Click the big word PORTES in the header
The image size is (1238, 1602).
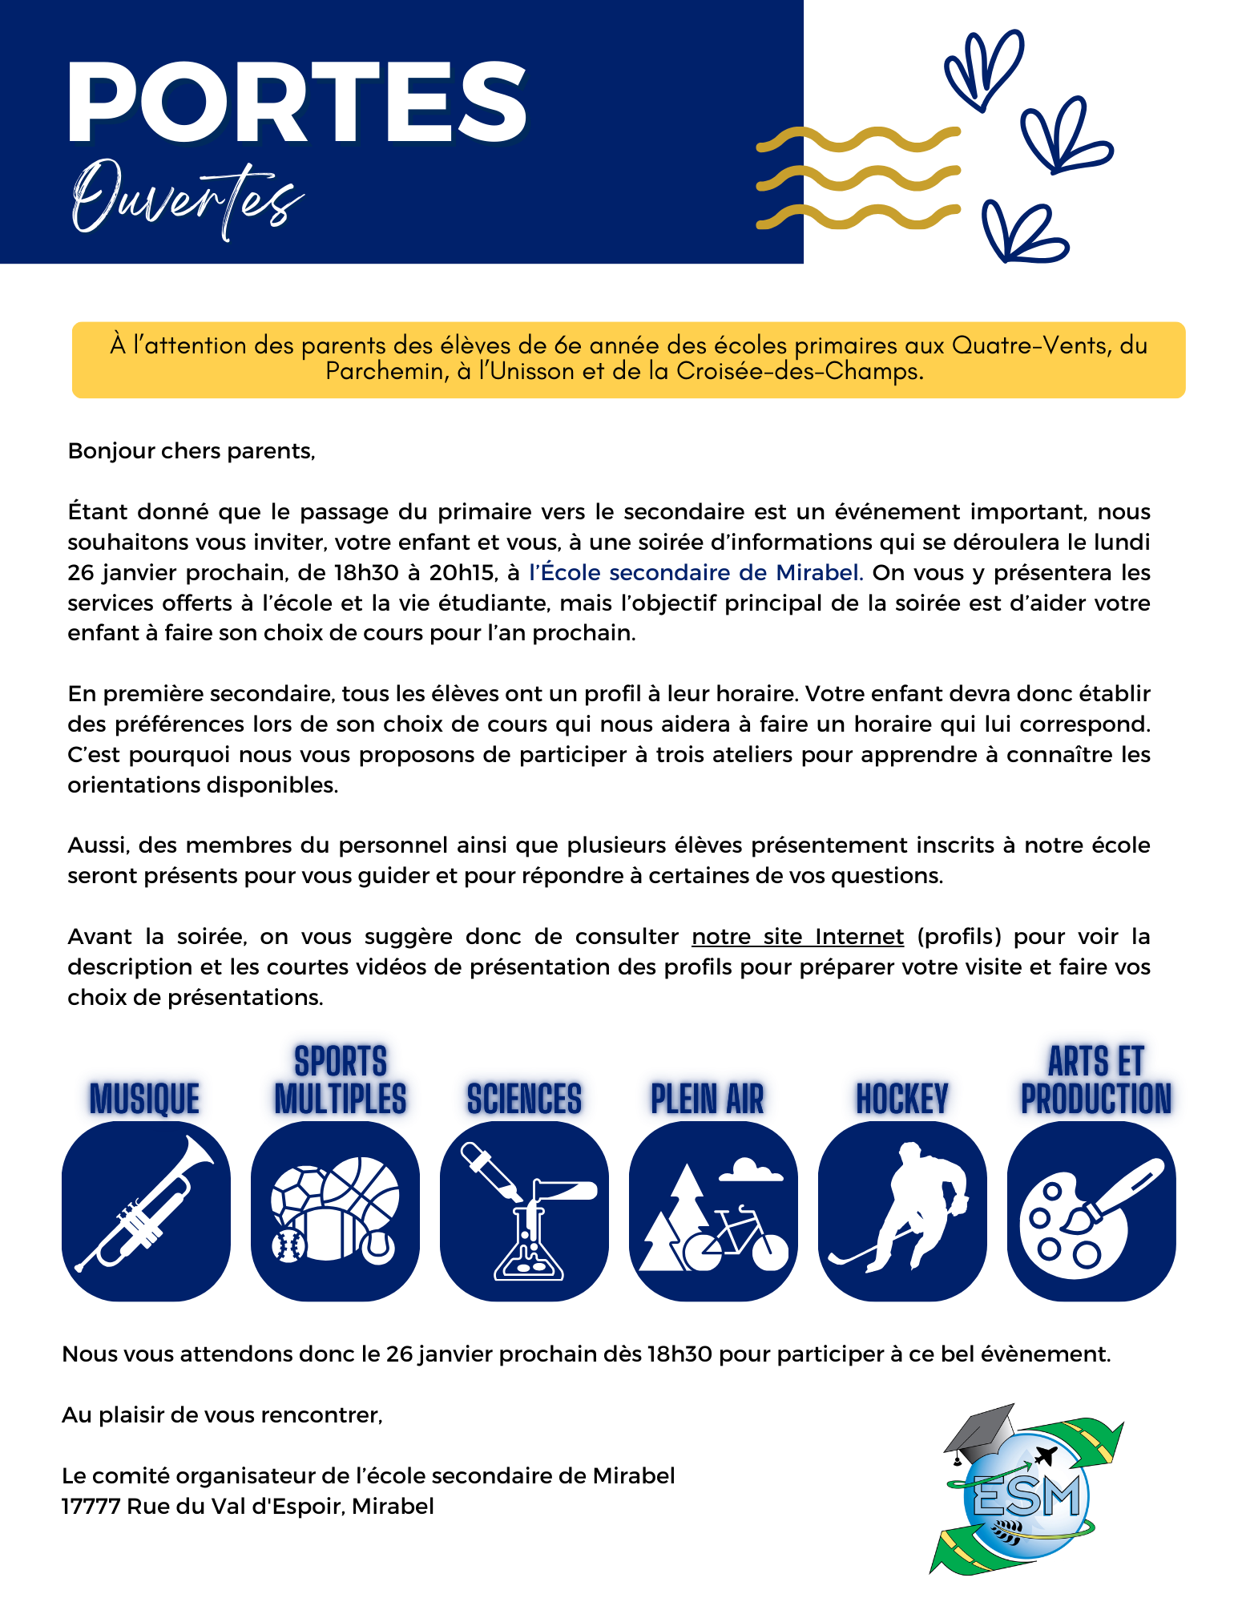[296, 102]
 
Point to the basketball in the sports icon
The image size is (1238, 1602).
[361, 1189]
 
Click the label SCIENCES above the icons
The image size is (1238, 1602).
[524, 1099]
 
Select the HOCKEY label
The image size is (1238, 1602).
[902, 1099]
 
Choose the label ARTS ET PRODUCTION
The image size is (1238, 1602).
[1095, 1081]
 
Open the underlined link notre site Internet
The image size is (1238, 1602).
[797, 937]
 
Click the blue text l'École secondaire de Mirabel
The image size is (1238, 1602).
[695, 573]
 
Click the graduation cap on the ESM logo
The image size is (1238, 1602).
[980, 1431]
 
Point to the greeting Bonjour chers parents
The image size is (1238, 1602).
[192, 451]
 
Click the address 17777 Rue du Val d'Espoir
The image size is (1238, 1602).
[248, 1507]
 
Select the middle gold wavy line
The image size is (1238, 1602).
[857, 177]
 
